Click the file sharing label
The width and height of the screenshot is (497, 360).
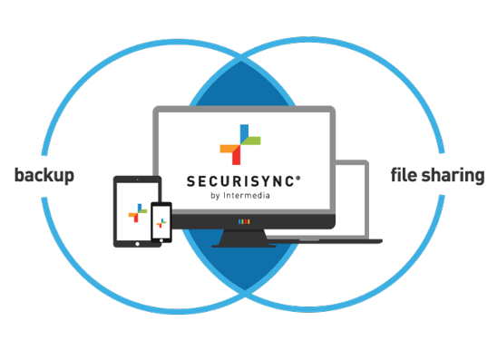[x=437, y=174]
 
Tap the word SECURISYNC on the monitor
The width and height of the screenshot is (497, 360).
[x=239, y=180]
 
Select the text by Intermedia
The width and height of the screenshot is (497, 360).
[x=241, y=196]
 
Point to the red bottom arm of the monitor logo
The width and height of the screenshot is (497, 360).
[x=239, y=155]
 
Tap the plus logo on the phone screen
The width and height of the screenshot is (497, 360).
[x=161, y=222]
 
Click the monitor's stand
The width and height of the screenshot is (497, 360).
[x=242, y=238]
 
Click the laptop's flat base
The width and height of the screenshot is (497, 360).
[x=336, y=239]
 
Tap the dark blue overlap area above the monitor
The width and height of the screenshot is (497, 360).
[x=243, y=86]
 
